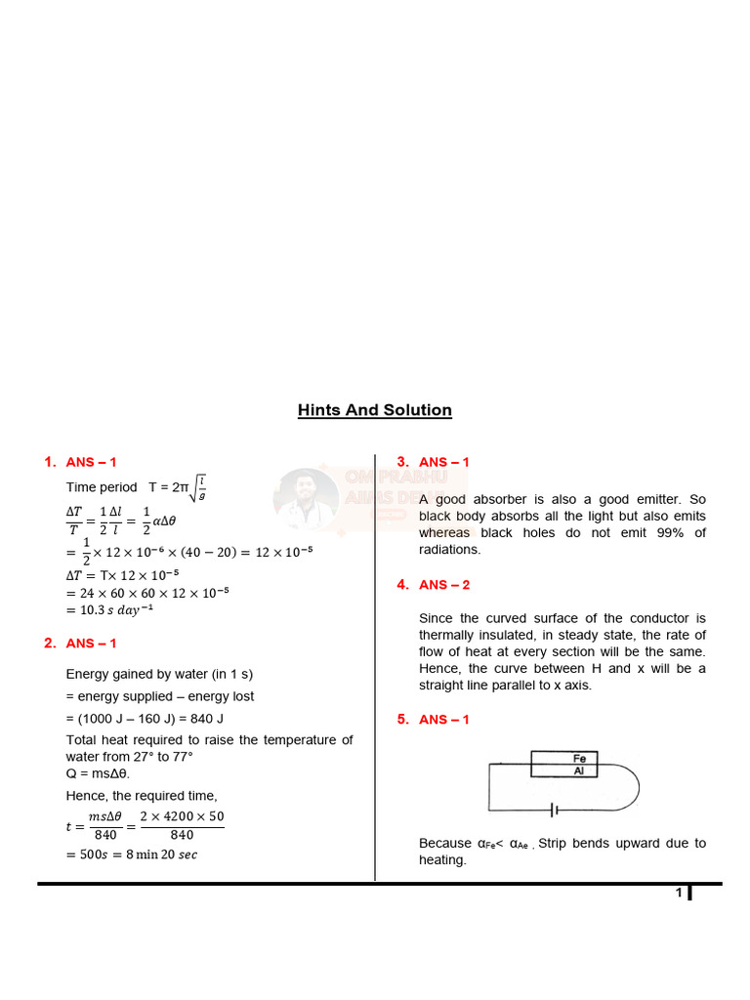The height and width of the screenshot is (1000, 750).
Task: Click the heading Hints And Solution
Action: [x=375, y=410]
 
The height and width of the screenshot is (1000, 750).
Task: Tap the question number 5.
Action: [x=401, y=720]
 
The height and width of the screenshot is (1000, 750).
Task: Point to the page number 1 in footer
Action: [x=678, y=894]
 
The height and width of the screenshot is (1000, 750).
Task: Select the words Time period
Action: [x=102, y=486]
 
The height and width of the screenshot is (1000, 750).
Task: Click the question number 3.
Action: [x=401, y=462]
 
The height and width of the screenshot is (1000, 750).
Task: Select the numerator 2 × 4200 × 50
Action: [x=182, y=815]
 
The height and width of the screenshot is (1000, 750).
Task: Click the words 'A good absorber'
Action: [x=464, y=499]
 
